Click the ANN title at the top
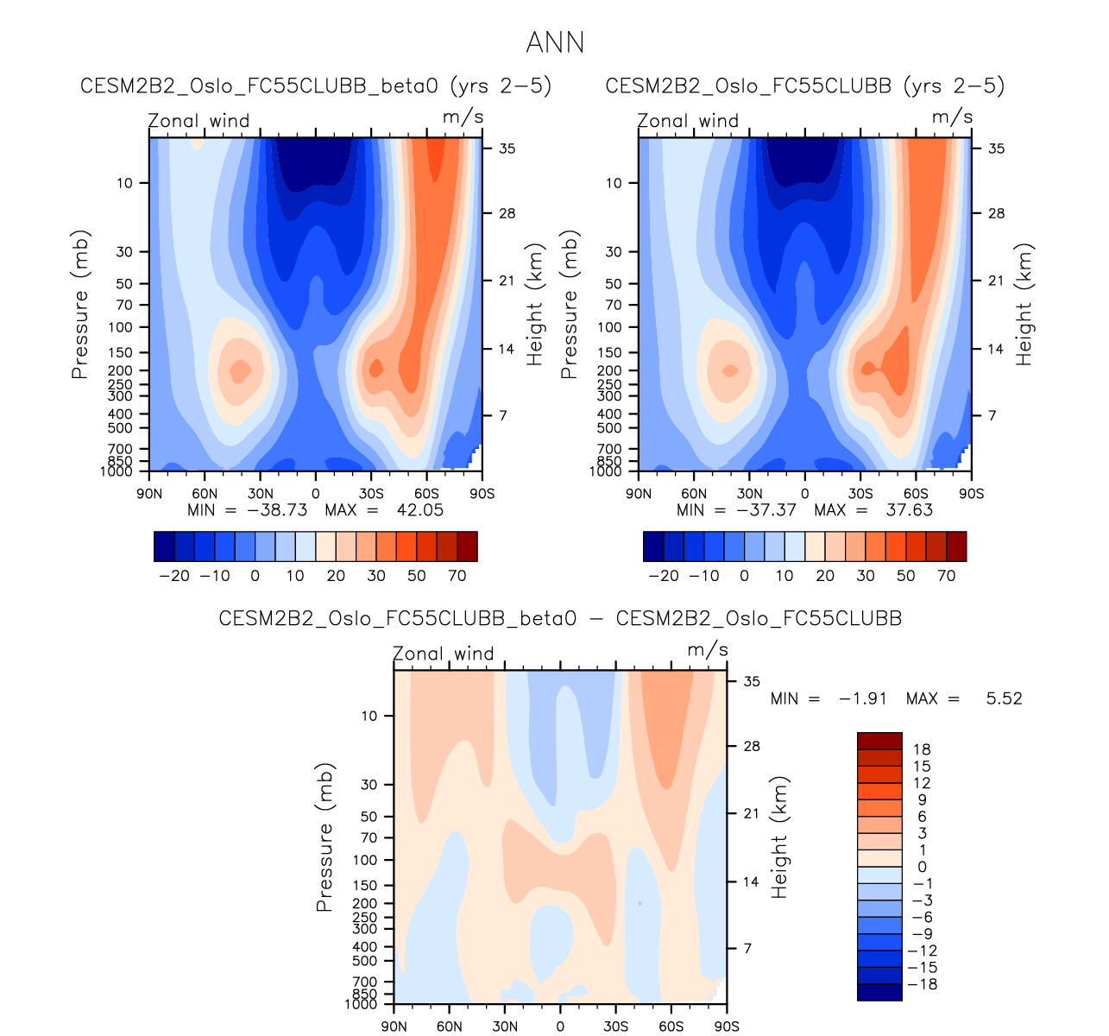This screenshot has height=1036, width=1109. click(x=555, y=42)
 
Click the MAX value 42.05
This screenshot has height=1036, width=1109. click(x=419, y=510)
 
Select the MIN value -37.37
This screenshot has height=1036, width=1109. click(x=766, y=510)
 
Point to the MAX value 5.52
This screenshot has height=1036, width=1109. click(x=1004, y=698)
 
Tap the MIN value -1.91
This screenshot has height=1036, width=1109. click(x=862, y=698)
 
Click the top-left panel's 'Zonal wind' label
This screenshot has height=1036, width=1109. click(x=198, y=121)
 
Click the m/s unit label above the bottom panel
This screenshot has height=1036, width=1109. click(x=708, y=650)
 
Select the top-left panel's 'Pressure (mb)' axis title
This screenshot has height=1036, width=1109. click(x=80, y=305)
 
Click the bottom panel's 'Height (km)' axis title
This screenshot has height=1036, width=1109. click(x=780, y=837)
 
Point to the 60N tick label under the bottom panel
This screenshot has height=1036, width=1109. click(x=450, y=1027)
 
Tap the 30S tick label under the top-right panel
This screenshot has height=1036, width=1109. click(x=860, y=494)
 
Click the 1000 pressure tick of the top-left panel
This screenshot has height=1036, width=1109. click(x=121, y=471)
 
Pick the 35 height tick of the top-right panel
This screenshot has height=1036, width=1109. click(x=996, y=148)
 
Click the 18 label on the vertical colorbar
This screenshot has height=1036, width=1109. click(x=923, y=749)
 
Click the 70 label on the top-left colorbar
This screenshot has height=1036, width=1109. click(x=457, y=576)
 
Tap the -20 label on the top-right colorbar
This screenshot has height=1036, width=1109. click(x=664, y=576)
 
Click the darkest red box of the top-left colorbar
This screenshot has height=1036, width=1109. click(x=467, y=546)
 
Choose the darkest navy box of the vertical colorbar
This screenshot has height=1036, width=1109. click(x=879, y=992)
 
